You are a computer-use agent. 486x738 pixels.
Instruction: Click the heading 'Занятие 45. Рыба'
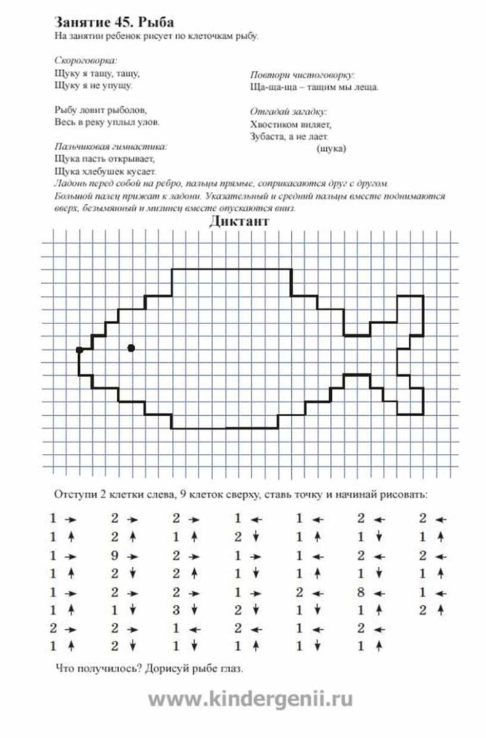114,22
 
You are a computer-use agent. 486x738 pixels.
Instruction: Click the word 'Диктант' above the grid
238,222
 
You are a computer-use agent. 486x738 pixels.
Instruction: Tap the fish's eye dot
131,348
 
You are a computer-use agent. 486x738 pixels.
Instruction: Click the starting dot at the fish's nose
79,349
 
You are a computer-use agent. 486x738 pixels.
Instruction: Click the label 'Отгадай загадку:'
288,111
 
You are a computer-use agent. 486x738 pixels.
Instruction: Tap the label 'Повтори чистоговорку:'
302,74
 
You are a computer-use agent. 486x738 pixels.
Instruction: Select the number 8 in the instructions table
361,593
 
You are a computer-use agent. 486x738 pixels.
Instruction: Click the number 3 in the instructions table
176,611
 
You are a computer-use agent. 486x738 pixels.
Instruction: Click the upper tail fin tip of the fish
411,296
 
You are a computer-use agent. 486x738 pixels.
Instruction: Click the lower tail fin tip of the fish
411,413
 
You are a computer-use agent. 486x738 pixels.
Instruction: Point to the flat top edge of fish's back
230,269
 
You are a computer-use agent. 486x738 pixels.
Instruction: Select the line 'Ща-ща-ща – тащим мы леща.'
314,87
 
